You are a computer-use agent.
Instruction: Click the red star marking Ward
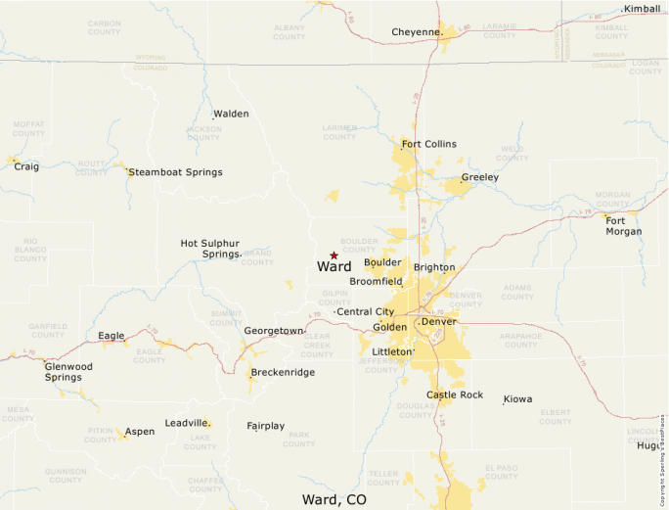tap(334, 255)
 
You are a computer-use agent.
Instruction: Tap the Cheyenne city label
tap(416, 32)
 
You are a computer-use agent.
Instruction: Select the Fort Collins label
tap(428, 144)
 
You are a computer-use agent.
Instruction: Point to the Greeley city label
tap(479, 177)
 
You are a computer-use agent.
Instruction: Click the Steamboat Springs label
tap(176, 172)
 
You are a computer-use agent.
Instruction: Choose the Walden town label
tap(231, 114)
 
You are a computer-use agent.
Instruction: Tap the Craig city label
tap(26, 166)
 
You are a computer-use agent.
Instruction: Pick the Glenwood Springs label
tap(68, 372)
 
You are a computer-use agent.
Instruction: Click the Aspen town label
tap(139, 432)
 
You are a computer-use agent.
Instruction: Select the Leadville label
tap(186, 423)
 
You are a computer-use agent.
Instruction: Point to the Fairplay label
tap(265, 426)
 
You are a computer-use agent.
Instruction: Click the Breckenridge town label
tap(283, 373)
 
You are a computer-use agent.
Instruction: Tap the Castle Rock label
tap(454, 394)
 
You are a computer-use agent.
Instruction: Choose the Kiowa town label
tap(517, 399)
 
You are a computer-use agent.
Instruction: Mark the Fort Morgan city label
tap(624, 226)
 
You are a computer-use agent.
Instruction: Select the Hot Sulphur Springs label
tap(209, 249)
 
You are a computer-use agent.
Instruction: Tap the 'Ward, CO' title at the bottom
tap(334, 499)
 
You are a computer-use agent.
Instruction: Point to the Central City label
tap(365, 311)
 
